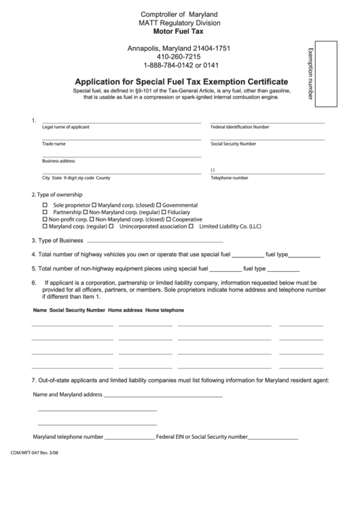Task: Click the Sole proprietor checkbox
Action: pos(46,205)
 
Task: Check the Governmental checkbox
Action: pos(159,205)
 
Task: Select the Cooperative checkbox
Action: pos(168,220)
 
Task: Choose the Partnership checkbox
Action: pos(46,212)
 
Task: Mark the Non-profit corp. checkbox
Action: pos(46,220)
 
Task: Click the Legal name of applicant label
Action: pos(66,127)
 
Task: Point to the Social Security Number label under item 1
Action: pos(233,144)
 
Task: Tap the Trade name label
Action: pos(54,144)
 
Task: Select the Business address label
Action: pos(58,161)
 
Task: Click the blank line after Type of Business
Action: pos(156,241)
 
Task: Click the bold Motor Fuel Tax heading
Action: pos(180,31)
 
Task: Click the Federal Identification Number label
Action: pos(240,127)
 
